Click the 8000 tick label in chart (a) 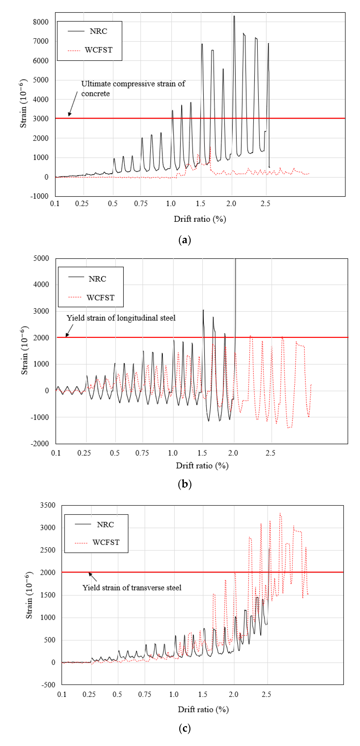click(41, 22)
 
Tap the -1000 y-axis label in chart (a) click(39, 196)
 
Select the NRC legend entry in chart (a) click(98, 31)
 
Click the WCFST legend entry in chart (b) click(100, 298)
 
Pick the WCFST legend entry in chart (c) click(106, 542)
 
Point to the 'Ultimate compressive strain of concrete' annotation click(133, 88)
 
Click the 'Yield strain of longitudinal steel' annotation click(121, 318)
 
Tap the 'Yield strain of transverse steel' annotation click(132, 588)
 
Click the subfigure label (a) click(185, 240)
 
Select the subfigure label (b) click(185, 484)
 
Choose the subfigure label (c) click(185, 728)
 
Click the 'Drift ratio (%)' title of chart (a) click(200, 219)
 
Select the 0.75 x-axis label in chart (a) click(141, 204)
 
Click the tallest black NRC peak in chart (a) click(234, 16)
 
